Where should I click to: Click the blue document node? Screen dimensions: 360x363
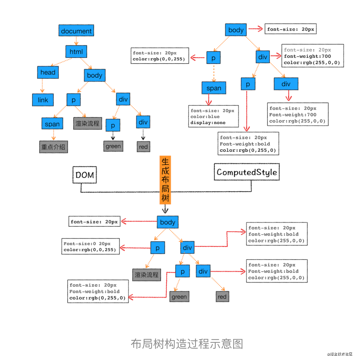click(x=76, y=31)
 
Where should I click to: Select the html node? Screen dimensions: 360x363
click(x=76, y=51)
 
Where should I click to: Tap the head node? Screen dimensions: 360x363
click(x=48, y=72)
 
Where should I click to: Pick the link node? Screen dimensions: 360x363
click(x=43, y=100)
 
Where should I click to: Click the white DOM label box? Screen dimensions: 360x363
click(x=85, y=175)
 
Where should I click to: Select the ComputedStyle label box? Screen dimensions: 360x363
click(x=247, y=172)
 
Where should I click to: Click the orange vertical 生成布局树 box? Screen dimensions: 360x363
click(x=165, y=180)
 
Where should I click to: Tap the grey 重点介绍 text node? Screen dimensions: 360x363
click(x=53, y=147)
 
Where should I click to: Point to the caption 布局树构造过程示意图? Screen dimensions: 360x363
click(x=187, y=343)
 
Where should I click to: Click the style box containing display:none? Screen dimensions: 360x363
click(x=213, y=116)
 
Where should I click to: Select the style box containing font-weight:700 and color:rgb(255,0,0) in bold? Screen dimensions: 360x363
click(x=313, y=56)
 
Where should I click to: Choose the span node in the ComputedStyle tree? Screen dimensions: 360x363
click(x=214, y=88)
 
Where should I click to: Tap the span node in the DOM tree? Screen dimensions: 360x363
click(x=52, y=124)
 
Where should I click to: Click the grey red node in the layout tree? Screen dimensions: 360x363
click(x=222, y=297)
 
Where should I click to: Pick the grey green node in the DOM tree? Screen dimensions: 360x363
click(x=113, y=146)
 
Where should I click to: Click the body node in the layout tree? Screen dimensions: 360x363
click(x=168, y=222)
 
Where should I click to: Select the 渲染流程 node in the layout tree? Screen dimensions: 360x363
click(x=147, y=275)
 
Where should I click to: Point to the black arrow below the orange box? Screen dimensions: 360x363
click(x=165, y=209)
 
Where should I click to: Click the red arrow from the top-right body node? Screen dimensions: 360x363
click(x=255, y=29)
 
